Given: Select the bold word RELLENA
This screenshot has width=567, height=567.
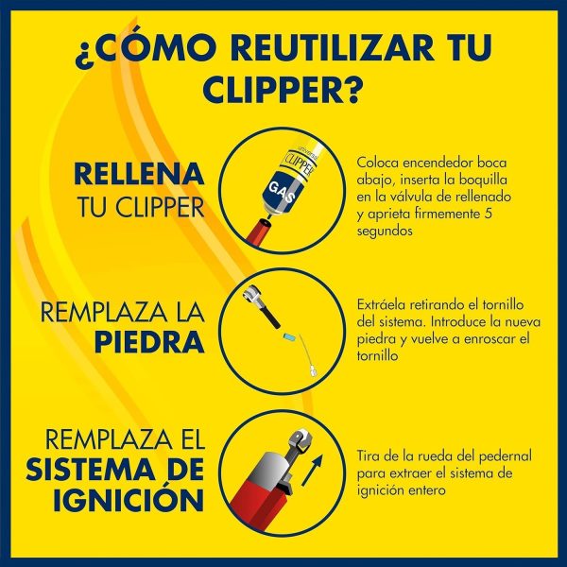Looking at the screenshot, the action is coord(139,174).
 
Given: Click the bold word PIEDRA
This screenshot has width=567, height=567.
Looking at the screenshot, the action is coord(149,342).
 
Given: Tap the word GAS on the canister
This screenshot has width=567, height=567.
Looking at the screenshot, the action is coord(282,193).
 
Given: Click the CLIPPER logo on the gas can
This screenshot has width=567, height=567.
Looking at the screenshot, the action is coord(300,165).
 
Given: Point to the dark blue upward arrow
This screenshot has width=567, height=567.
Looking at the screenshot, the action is coord(311,470).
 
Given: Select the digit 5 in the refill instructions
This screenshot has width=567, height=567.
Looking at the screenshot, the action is coord(488,214).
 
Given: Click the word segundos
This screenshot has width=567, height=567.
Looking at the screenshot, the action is coord(385,232).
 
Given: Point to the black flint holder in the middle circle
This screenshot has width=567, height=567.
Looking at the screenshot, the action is coord(269,318).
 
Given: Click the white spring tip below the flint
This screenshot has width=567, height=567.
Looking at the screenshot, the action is coord(313,372).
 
